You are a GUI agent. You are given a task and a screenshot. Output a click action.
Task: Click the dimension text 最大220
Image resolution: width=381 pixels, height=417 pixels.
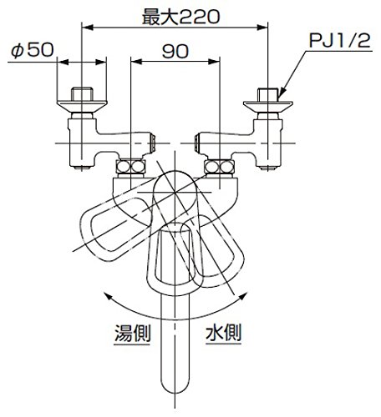point(180,17)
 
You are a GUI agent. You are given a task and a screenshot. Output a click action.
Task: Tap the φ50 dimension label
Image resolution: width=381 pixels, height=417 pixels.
point(33,51)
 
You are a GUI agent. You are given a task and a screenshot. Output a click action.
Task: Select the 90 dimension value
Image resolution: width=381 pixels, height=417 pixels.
point(175,52)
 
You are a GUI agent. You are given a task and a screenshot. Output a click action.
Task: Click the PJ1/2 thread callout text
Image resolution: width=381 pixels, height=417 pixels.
point(340,41)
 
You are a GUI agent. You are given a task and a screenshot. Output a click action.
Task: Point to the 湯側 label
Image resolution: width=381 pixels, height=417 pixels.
point(132,333)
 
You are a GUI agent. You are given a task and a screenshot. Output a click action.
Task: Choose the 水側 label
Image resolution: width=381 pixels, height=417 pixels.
point(223,333)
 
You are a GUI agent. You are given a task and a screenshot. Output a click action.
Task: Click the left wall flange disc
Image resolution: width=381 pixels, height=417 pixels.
point(82,107)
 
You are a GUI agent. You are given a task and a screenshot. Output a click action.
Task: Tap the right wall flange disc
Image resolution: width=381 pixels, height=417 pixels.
point(268,107)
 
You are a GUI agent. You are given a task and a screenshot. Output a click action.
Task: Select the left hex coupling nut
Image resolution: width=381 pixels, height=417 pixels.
point(130,167)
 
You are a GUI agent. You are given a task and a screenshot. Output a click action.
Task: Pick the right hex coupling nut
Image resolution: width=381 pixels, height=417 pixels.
point(219,167)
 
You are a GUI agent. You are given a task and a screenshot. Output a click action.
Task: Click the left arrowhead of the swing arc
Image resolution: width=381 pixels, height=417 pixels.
point(107,296)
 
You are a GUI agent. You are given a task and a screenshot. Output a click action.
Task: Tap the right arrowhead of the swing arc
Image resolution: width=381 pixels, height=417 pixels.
point(243,296)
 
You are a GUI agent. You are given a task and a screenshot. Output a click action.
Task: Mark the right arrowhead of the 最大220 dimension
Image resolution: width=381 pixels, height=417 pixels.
point(262,28)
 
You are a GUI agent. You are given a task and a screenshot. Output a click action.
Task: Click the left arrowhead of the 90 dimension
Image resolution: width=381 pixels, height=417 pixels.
point(136,62)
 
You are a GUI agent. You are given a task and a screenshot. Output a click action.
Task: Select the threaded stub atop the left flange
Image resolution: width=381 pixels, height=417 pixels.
point(82,94)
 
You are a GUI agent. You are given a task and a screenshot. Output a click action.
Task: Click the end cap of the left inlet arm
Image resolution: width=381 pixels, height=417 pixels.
point(153,143)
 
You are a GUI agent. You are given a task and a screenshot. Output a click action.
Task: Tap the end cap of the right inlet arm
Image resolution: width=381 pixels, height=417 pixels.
point(197,143)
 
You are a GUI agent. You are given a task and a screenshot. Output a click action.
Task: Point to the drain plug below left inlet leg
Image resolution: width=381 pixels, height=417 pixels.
point(82,168)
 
